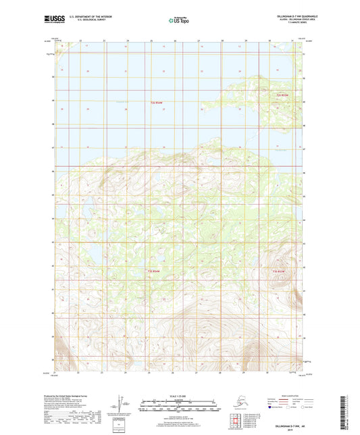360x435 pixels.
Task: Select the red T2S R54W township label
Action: [x=156, y=103]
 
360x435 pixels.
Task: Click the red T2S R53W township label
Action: [x=286, y=95]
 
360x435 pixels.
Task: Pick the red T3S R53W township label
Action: [x=279, y=272]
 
